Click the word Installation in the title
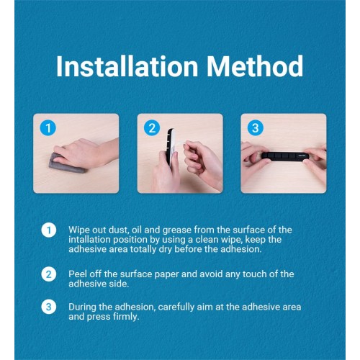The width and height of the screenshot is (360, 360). click(127, 66)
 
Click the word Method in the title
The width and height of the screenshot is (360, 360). click(255, 66)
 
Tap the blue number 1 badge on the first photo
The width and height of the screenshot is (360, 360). click(48, 127)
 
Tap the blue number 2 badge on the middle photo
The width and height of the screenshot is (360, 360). click(152, 127)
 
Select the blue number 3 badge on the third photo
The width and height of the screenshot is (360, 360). click(256, 127)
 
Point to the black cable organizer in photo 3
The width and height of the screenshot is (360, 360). click(285, 156)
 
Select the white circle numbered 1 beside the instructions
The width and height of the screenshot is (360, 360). click(49, 230)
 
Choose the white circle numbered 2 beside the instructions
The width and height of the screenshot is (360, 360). click(49, 274)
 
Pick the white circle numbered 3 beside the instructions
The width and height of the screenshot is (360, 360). click(49, 307)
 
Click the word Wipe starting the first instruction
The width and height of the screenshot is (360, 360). click(79, 230)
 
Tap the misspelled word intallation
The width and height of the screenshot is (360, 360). click(90, 240)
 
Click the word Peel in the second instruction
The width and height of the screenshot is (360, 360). click(77, 274)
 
